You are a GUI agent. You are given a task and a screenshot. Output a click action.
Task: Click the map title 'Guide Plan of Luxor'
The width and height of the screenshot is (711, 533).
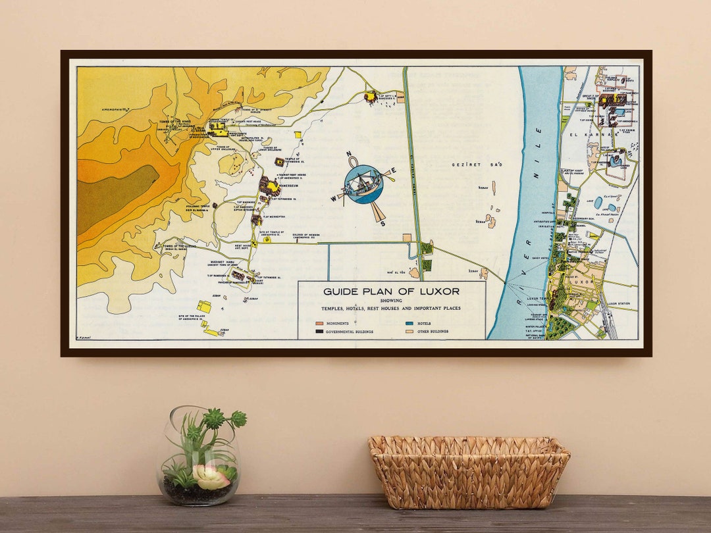point(391,291)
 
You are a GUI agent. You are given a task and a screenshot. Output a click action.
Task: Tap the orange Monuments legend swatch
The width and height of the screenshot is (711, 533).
point(319,324)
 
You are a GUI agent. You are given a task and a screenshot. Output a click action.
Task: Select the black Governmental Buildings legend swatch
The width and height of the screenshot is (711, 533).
point(319,332)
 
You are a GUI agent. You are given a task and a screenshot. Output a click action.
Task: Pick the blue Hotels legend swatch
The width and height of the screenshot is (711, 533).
point(409,324)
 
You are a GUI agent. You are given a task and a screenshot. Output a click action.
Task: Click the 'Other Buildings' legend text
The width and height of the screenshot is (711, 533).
point(433,332)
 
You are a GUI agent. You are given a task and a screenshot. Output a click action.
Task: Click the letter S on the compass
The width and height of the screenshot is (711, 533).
point(383,223)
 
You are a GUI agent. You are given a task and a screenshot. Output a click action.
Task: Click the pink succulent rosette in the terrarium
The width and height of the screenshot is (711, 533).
point(211,477)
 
